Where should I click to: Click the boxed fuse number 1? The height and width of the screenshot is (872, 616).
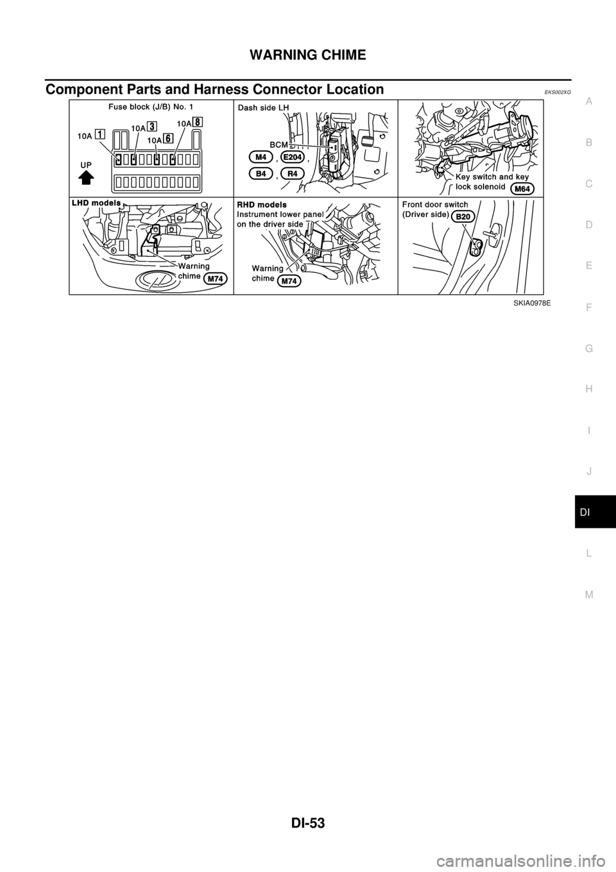click(x=101, y=134)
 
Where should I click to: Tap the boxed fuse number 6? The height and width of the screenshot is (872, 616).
click(x=167, y=137)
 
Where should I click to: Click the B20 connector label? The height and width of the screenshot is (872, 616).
click(x=464, y=216)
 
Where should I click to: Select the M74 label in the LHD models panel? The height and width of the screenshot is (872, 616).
click(x=216, y=278)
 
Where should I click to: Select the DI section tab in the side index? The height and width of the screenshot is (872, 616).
click(x=588, y=514)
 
